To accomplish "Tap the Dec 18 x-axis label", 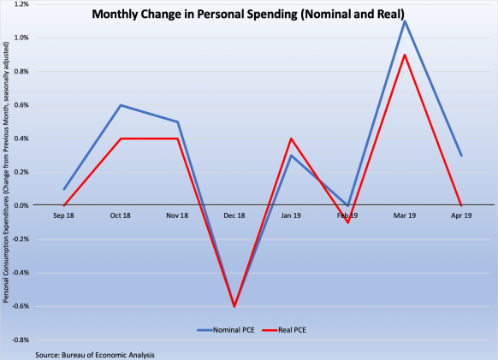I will pyautogui.click(x=235, y=216).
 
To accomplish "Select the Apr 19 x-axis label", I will pyautogui.click(x=461, y=216).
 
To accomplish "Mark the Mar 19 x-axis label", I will pyautogui.click(x=405, y=216).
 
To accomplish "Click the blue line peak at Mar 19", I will pyautogui.click(x=405, y=21).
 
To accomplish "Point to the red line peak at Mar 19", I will pyautogui.click(x=405, y=55).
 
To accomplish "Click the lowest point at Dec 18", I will pyautogui.click(x=235, y=306).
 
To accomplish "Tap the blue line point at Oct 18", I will pyautogui.click(x=122, y=105).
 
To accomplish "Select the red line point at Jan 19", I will pyautogui.click(x=292, y=139).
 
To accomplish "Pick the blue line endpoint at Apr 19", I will pyautogui.click(x=461, y=156).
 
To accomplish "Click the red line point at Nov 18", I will pyautogui.click(x=178, y=139).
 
